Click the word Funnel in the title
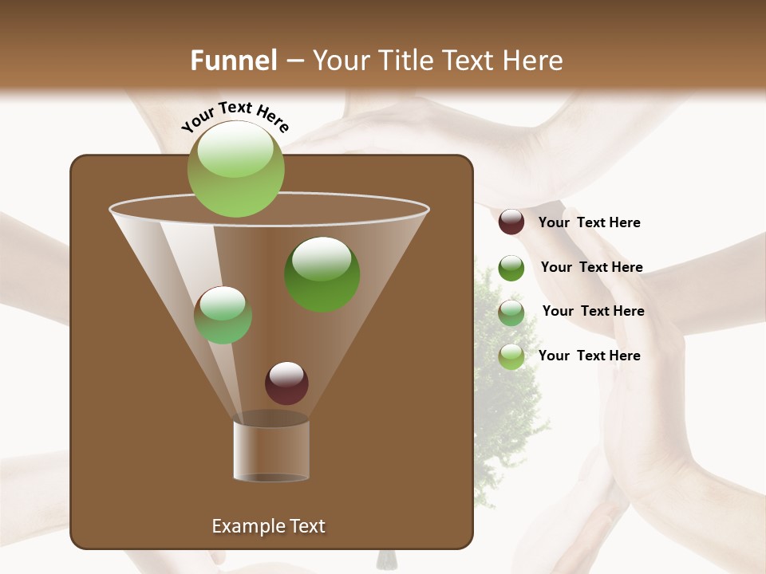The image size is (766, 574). [x=234, y=61]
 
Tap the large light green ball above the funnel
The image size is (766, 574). [x=236, y=169]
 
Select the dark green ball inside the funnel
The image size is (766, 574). [x=322, y=274]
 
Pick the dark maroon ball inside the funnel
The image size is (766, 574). [x=286, y=383]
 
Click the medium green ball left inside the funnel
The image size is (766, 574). [x=223, y=315]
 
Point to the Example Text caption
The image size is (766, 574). [x=268, y=526]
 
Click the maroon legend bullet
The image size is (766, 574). [x=511, y=222]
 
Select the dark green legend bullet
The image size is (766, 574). [x=511, y=268]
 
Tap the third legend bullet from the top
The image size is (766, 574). [x=511, y=313]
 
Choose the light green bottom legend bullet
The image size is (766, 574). [x=511, y=356]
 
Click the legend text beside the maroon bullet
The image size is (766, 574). [x=589, y=223]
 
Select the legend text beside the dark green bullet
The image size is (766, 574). [x=591, y=268]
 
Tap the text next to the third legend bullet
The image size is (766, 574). [x=593, y=312]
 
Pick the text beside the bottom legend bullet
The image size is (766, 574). [x=589, y=356]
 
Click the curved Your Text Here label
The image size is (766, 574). [x=235, y=116]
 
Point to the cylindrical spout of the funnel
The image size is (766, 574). [x=271, y=450]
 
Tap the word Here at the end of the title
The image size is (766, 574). [x=535, y=61]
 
